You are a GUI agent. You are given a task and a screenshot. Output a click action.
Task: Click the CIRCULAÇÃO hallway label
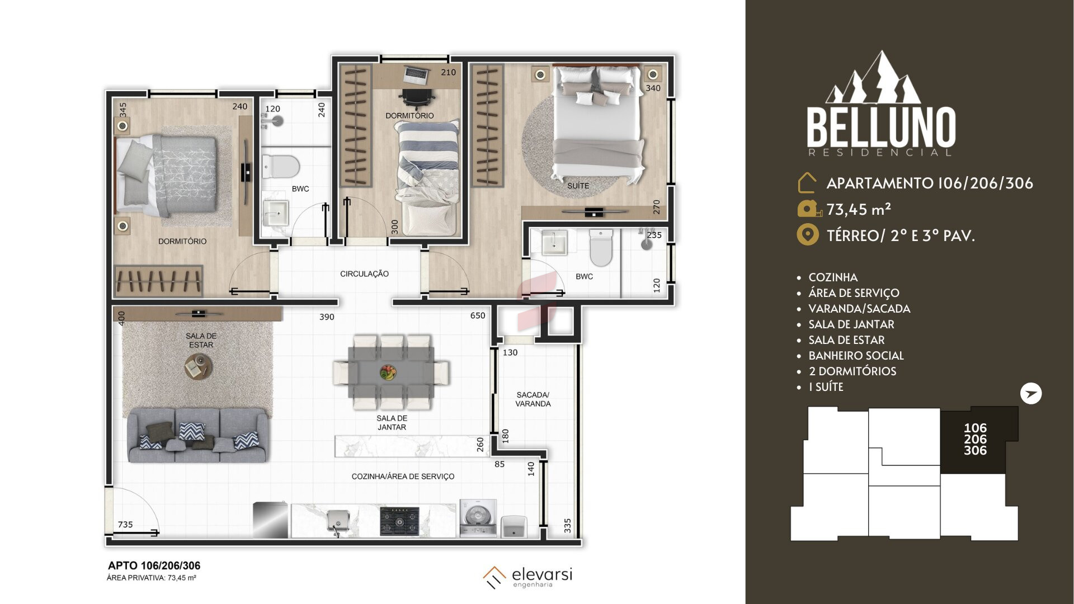click(364, 273)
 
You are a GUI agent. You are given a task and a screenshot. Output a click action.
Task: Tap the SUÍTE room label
click(578, 186)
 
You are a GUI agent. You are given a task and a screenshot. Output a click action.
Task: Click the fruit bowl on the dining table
click(387, 372)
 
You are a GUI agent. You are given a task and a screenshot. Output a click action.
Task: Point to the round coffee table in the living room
click(198, 367)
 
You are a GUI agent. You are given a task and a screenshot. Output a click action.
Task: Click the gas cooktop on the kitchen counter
click(399, 521)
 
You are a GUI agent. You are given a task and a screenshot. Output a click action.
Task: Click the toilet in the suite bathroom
click(601, 248)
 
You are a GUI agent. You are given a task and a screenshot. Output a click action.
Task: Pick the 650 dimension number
click(478, 315)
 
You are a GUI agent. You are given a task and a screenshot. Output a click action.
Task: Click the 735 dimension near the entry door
click(125, 525)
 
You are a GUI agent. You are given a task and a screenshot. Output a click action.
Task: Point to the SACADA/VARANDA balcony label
click(533, 399)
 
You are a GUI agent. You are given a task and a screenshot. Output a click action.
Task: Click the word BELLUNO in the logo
click(881, 128)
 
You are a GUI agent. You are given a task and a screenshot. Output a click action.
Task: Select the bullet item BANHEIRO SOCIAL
click(856, 356)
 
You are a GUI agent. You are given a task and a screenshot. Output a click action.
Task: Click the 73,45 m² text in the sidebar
click(859, 209)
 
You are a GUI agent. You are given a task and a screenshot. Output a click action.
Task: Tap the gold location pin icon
click(807, 235)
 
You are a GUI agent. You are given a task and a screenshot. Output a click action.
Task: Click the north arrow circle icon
click(1030, 394)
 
